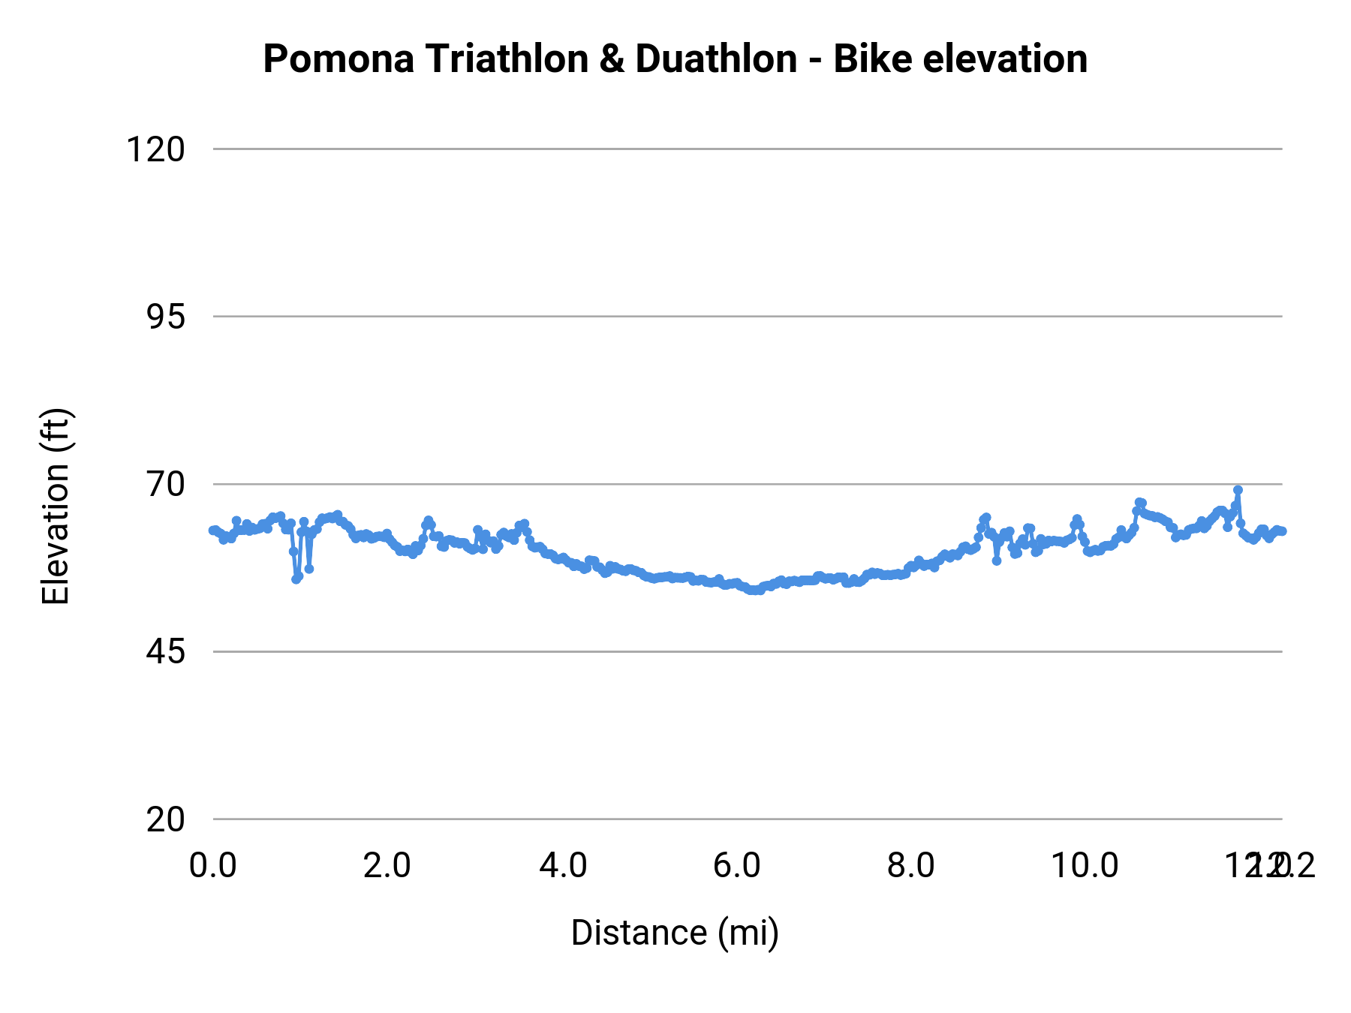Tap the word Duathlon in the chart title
tap(716, 59)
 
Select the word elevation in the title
tap(1004, 59)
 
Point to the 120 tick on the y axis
tap(155, 149)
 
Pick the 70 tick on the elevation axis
tap(165, 484)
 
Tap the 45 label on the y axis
tap(165, 651)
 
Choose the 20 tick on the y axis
tap(165, 819)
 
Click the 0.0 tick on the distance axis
tap(213, 865)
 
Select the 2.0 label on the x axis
tap(387, 865)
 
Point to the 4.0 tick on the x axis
tap(563, 865)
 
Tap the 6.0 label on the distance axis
tap(737, 865)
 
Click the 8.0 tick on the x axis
tap(911, 865)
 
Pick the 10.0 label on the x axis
tap(1085, 865)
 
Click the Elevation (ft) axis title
tap(56, 506)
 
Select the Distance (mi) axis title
tap(675, 933)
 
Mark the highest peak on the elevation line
tap(1238, 490)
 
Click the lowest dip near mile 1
tap(296, 579)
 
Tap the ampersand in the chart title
tap(612, 59)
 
